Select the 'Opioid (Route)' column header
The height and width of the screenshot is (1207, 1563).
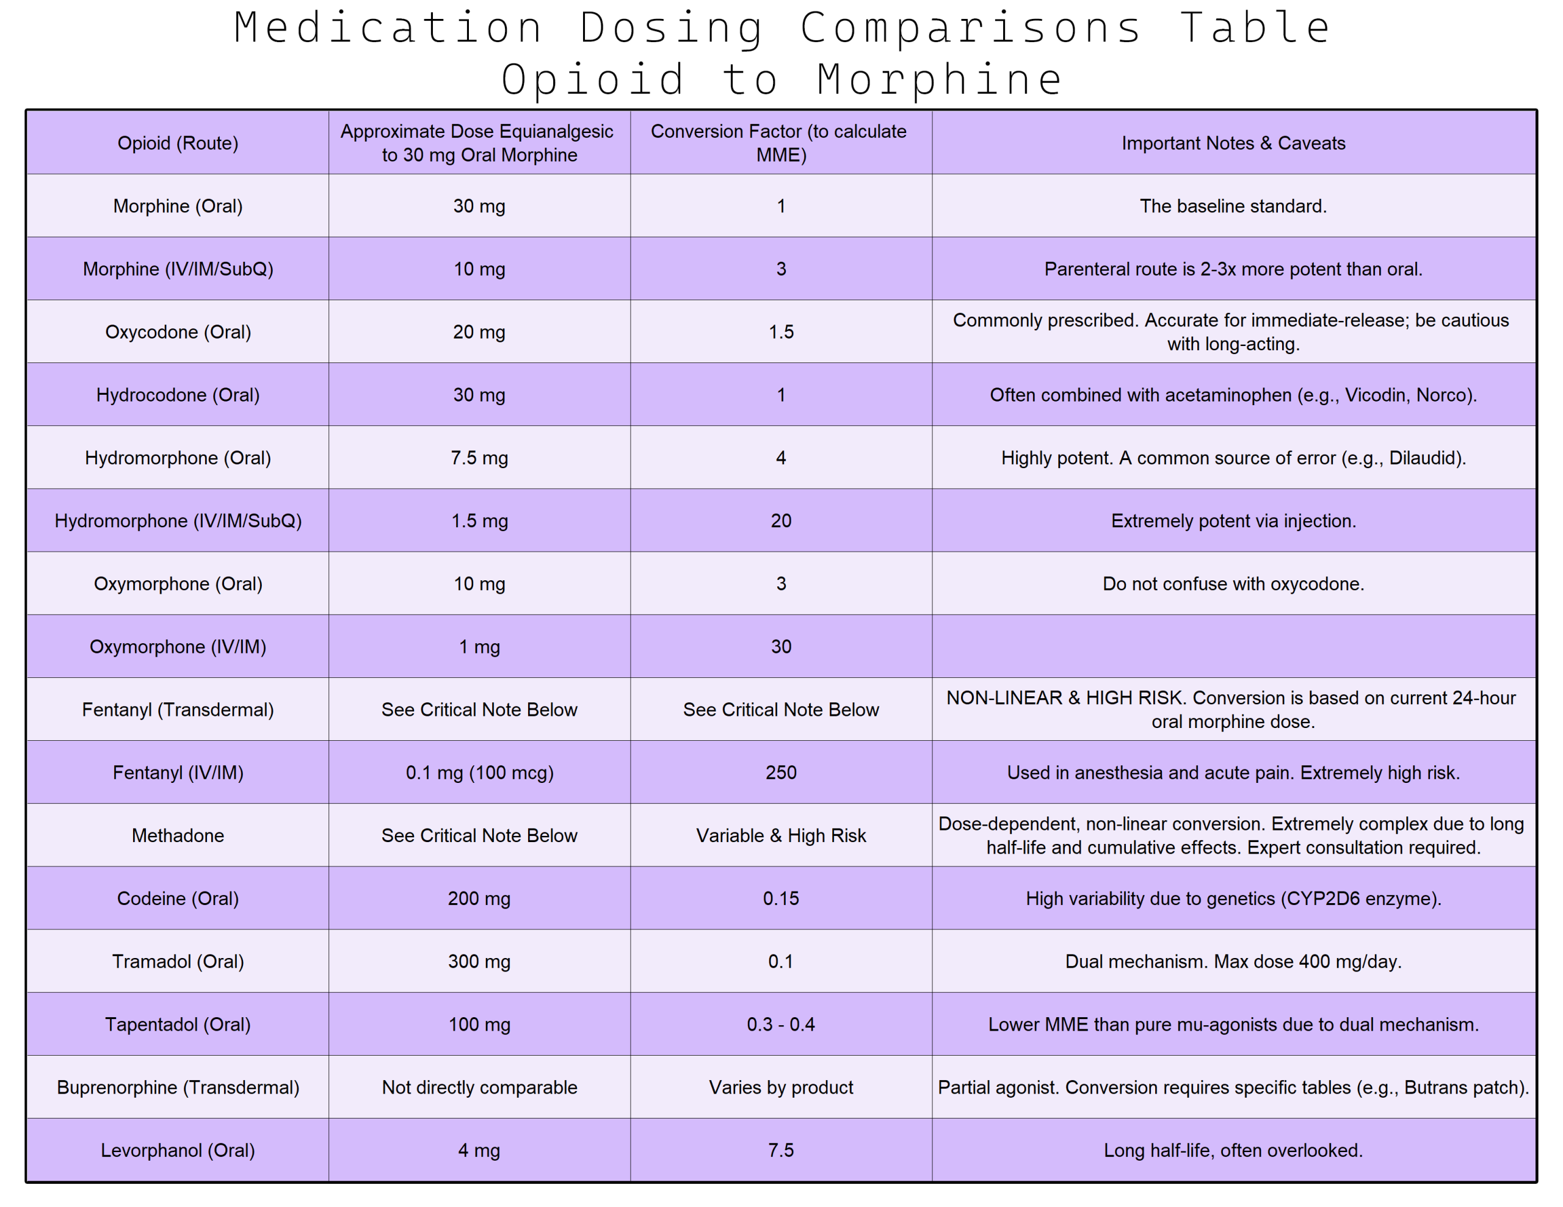(178, 143)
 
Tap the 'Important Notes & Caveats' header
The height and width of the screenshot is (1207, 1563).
(1233, 143)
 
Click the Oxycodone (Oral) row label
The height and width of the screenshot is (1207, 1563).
(178, 332)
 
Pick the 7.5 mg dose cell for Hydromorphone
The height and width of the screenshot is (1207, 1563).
(479, 458)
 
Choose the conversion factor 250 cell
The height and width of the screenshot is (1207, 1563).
(781, 773)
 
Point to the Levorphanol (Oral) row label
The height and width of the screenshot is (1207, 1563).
(178, 1150)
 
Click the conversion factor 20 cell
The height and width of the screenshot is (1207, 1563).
(781, 521)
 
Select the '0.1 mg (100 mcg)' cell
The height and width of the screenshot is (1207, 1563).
(479, 773)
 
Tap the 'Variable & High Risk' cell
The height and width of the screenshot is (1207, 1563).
(781, 835)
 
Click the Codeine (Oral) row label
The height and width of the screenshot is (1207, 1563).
(178, 899)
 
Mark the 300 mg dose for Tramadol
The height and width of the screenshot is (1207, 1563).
(479, 962)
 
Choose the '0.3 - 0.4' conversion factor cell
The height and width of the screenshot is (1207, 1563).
(781, 1025)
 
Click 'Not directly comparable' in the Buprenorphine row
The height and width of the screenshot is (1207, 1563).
(479, 1087)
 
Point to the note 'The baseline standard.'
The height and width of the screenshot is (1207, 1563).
(1233, 206)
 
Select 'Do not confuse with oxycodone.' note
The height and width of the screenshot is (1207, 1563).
(1233, 584)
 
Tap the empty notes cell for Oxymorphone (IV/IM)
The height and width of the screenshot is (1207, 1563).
(1233, 647)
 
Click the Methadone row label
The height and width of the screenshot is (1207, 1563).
(178, 835)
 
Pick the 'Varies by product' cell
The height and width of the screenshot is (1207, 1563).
(781, 1087)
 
